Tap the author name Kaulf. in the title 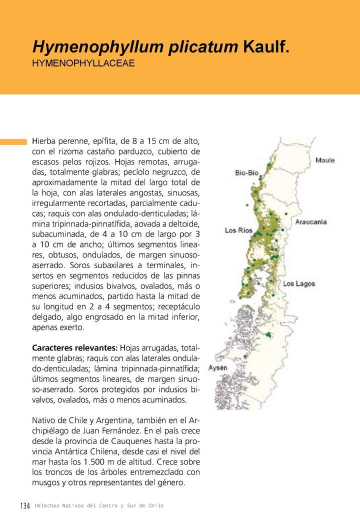point(266,47)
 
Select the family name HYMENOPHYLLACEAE point(83,63)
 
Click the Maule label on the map point(325,160)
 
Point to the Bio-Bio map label point(246,172)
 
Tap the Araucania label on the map point(311,221)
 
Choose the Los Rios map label point(238,230)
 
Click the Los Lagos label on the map point(299,284)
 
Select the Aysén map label point(218,368)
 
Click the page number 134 point(25,506)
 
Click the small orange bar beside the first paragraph point(13,141)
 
